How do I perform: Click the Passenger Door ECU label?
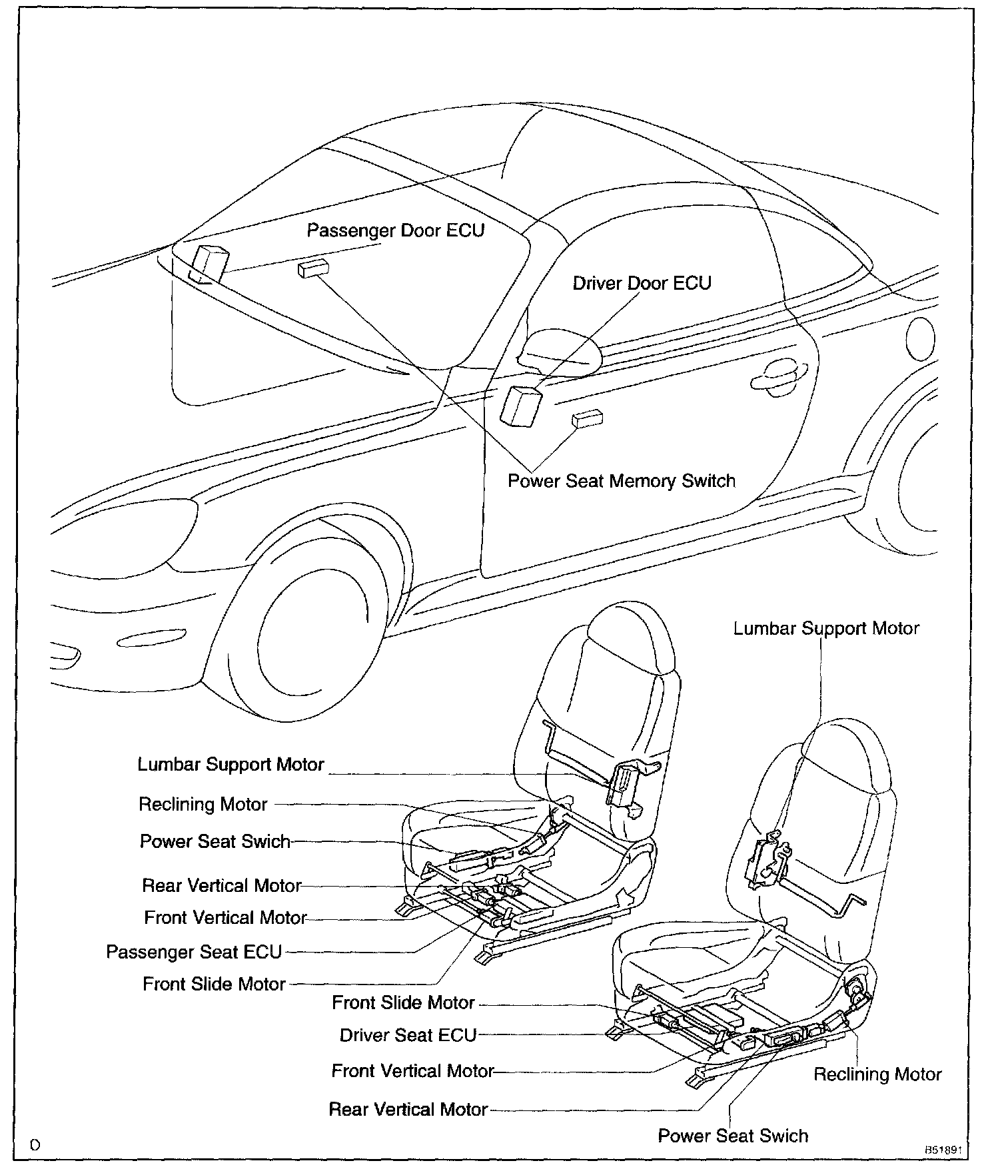click(395, 230)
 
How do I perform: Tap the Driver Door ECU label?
click(642, 283)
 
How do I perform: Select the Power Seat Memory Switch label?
click(621, 481)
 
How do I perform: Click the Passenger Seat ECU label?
click(194, 952)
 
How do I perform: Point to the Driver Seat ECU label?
click(408, 1035)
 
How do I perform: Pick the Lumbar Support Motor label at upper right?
click(825, 629)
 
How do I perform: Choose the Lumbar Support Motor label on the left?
click(231, 765)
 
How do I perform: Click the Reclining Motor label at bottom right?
click(877, 1074)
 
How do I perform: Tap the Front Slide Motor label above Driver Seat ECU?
click(403, 1002)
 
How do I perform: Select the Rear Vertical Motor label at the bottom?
click(408, 1110)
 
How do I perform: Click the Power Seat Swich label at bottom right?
click(733, 1136)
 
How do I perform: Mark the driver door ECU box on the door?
click(520, 405)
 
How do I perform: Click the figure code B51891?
click(942, 1150)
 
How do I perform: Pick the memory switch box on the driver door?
click(588, 418)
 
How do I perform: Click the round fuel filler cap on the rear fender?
click(921, 338)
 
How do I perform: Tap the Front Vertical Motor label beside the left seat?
click(225, 918)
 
